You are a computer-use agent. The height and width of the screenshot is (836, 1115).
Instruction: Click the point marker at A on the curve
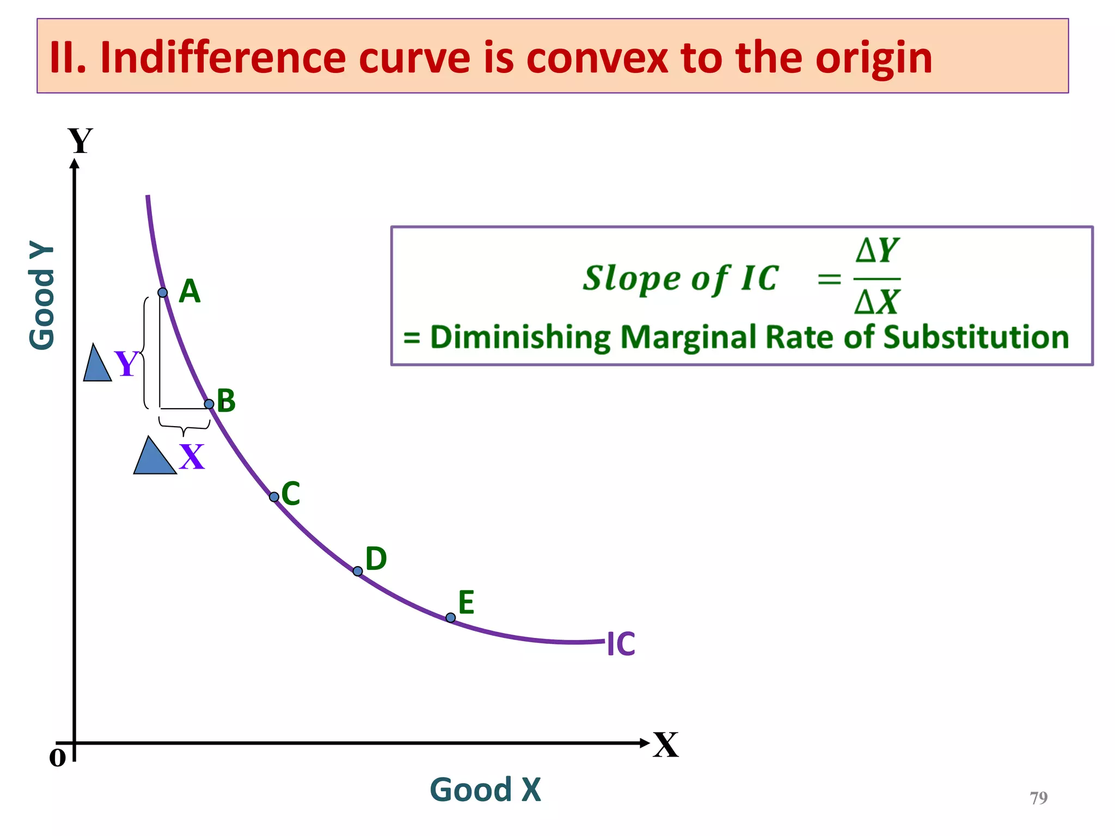pyautogui.click(x=162, y=293)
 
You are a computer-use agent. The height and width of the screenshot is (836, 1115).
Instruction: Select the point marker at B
pyautogui.click(x=209, y=404)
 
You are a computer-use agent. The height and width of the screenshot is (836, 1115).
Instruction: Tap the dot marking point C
pyautogui.click(x=274, y=496)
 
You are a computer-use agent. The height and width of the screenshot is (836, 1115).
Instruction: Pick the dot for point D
pyautogui.click(x=358, y=571)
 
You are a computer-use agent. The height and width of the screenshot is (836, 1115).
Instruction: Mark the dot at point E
pyautogui.click(x=451, y=617)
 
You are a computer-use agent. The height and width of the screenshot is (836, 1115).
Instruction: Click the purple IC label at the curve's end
pyautogui.click(x=621, y=644)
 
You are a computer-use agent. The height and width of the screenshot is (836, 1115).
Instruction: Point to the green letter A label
pyautogui.click(x=189, y=292)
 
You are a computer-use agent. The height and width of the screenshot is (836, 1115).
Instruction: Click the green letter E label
pyautogui.click(x=466, y=602)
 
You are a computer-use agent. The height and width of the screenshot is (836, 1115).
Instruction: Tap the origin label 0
pyautogui.click(x=57, y=758)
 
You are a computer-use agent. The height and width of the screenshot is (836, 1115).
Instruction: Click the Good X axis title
pyautogui.click(x=485, y=790)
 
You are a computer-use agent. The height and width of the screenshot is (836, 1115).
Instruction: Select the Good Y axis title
pyautogui.click(x=42, y=295)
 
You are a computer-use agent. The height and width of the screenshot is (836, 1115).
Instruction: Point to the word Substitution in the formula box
pyautogui.click(x=976, y=337)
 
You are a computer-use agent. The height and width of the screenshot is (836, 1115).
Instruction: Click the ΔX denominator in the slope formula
pyautogui.click(x=877, y=302)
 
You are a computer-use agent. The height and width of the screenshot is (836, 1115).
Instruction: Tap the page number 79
pyautogui.click(x=1038, y=798)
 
